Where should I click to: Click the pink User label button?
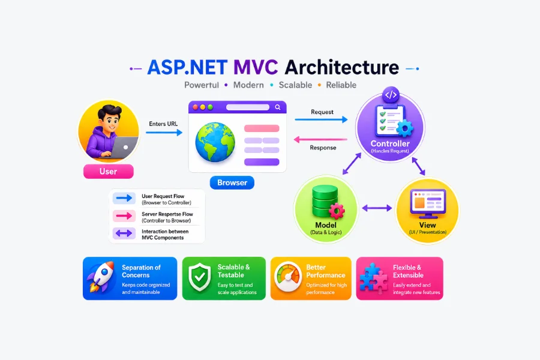(x=109, y=171)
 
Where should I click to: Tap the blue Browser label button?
(x=232, y=182)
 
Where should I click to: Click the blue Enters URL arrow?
(x=164, y=132)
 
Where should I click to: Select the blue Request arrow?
(x=321, y=119)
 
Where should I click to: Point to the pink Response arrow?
(x=320, y=140)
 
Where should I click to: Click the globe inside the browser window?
(x=215, y=142)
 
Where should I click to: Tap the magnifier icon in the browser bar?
(x=278, y=107)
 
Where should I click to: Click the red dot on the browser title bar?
(x=195, y=107)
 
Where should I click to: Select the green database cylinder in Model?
(x=325, y=201)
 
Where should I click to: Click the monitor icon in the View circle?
(x=428, y=203)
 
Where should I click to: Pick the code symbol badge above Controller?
(x=391, y=95)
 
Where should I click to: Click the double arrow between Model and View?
(x=377, y=208)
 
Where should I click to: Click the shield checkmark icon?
(x=200, y=277)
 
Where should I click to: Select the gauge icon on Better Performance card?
(x=288, y=277)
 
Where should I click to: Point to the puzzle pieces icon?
(x=373, y=278)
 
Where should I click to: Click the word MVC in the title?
(x=256, y=67)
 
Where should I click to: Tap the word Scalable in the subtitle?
(x=295, y=85)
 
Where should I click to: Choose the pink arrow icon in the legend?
(x=124, y=216)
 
